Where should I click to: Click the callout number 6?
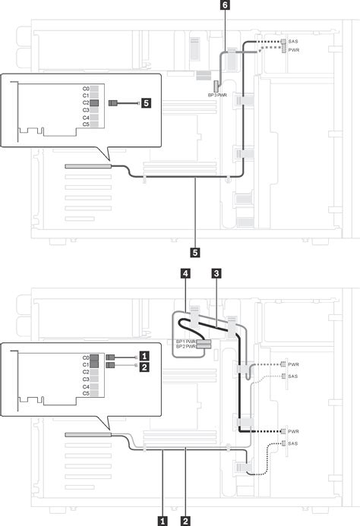coord(223,6)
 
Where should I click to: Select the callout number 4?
coord(185,272)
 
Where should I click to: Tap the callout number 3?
coord(217,272)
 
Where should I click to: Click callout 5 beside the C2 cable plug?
coord(146,102)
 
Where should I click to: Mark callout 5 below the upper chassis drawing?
coord(196,250)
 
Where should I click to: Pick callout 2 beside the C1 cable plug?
coord(144,365)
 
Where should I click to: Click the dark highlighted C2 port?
coord(95,102)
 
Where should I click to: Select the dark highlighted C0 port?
coord(95,357)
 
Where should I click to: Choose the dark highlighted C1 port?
coord(95,365)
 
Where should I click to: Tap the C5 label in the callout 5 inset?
coord(86,125)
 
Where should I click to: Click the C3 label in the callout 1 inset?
coord(86,380)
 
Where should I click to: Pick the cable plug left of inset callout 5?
coord(115,102)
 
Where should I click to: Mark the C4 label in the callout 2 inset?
coord(86,387)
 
